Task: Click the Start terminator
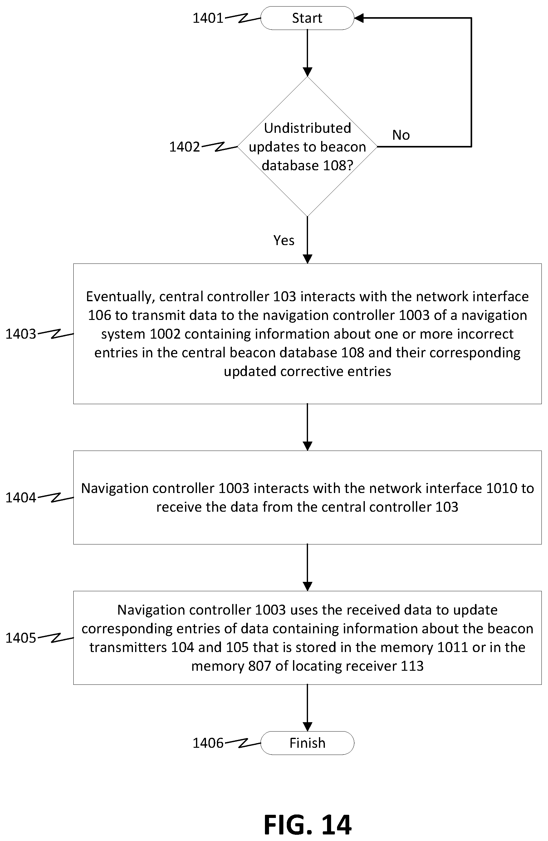pos(307,18)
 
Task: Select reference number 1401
pos(208,18)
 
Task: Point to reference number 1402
pos(184,147)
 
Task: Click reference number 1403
pos(21,334)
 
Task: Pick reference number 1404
pos(21,498)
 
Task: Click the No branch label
pos(401,135)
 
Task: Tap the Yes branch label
pos(284,240)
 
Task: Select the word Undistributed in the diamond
pos(307,128)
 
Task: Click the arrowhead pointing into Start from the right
pos(359,18)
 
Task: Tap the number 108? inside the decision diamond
pos(338,165)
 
